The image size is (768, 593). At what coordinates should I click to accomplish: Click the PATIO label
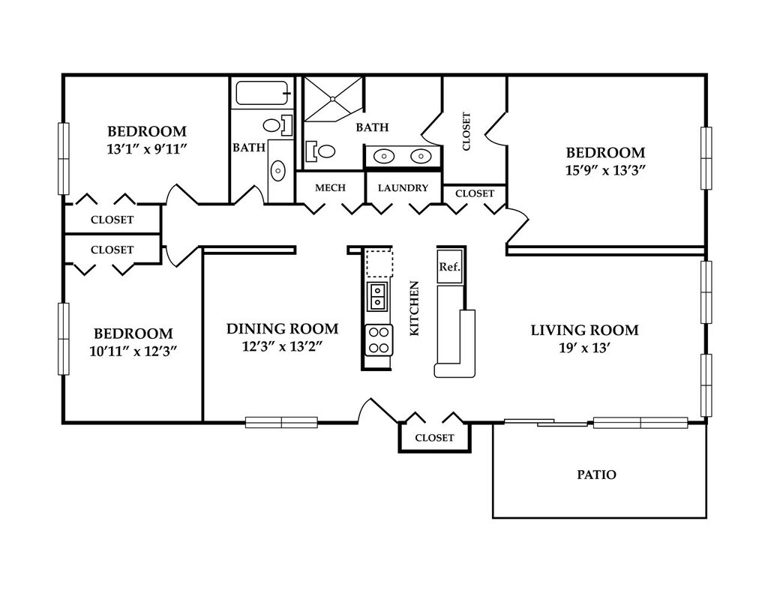(x=596, y=475)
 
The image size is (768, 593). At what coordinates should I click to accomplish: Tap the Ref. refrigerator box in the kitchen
(x=450, y=268)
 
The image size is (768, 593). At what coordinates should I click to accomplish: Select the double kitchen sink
(x=377, y=296)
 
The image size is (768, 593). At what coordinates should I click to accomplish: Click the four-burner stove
(x=378, y=340)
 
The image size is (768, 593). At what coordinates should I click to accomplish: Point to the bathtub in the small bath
(x=262, y=93)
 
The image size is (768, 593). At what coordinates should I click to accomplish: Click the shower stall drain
(x=332, y=99)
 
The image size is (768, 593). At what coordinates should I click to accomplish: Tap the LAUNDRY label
(x=403, y=188)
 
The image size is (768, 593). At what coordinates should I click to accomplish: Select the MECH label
(x=330, y=187)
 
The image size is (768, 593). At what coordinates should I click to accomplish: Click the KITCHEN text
(x=414, y=309)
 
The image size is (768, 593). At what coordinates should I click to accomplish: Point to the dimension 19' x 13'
(x=584, y=348)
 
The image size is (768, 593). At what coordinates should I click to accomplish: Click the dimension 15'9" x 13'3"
(x=605, y=170)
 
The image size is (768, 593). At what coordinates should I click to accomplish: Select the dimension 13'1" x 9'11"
(x=148, y=149)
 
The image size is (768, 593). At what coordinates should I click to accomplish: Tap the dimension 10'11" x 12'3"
(x=133, y=351)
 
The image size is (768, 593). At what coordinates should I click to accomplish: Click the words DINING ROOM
(x=282, y=328)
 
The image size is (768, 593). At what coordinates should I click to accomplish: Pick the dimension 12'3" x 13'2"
(x=282, y=346)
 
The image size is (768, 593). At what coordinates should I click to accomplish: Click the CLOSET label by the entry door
(x=434, y=438)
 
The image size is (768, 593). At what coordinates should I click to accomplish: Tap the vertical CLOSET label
(x=466, y=132)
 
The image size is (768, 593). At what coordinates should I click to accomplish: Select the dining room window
(x=282, y=422)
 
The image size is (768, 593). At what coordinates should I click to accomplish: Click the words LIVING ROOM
(x=585, y=330)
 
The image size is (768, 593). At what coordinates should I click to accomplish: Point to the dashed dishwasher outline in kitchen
(x=379, y=263)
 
